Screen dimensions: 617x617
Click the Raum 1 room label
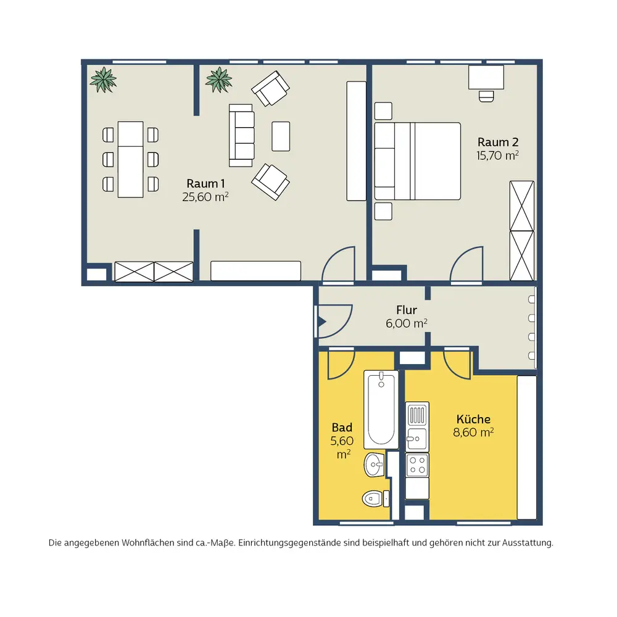click(x=205, y=183)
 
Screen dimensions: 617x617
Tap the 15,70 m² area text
click(x=497, y=155)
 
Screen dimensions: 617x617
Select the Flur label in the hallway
click(x=407, y=310)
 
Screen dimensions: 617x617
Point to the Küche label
click(x=473, y=419)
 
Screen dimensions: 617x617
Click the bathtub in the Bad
click(x=381, y=409)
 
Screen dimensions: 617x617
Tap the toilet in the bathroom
click(x=375, y=499)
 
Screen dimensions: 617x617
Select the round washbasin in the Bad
click(x=374, y=465)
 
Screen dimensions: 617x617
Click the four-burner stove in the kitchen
click(x=417, y=465)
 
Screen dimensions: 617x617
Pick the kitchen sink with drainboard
click(x=417, y=426)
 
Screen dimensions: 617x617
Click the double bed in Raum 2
click(x=417, y=161)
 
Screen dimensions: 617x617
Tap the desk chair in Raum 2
click(x=486, y=96)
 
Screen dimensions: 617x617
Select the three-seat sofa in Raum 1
click(x=241, y=135)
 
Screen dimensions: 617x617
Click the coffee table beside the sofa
click(x=281, y=136)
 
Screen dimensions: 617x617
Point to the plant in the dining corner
click(x=103, y=80)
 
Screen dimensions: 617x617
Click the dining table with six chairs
click(x=130, y=159)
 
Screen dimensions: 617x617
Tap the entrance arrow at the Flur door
click(x=322, y=322)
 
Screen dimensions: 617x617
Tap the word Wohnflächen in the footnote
click(x=147, y=542)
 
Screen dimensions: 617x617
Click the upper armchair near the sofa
click(x=271, y=88)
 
